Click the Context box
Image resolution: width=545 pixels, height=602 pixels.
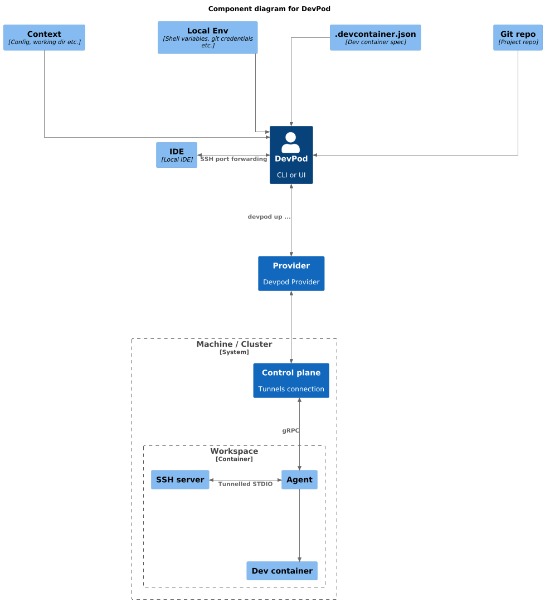44,37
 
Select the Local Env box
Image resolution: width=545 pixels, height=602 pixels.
207,37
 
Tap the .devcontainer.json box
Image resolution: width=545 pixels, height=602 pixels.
375,37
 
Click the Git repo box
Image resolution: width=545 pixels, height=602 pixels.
518,37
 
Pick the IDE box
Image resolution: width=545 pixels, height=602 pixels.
177,155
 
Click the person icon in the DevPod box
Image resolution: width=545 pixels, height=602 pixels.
291,142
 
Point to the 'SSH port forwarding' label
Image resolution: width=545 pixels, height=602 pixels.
233,159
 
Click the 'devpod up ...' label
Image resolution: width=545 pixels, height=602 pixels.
269,217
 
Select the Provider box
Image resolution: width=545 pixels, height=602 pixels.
291,274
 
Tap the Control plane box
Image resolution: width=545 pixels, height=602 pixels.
291,381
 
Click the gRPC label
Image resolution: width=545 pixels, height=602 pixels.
290,431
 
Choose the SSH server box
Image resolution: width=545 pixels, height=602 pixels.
180,480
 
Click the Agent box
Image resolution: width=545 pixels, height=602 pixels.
299,480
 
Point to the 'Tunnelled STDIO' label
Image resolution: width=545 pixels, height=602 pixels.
245,484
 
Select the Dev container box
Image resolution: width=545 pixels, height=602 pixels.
282,571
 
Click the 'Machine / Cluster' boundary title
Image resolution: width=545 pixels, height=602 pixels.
234,344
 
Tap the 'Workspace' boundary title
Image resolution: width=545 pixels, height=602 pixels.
234,452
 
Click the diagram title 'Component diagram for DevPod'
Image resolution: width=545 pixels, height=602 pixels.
273,9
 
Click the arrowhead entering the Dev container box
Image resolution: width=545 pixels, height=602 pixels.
300,559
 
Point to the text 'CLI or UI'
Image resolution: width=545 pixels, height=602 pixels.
291,175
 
